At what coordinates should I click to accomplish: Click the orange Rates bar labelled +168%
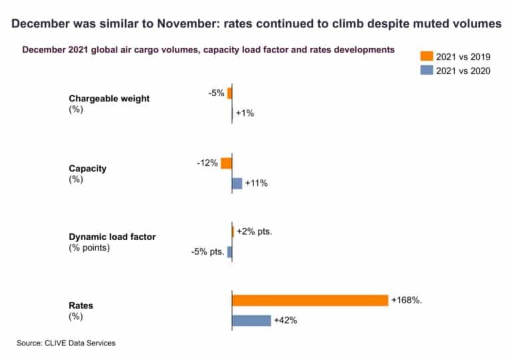pos(309,300)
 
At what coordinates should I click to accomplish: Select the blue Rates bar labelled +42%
pos(251,321)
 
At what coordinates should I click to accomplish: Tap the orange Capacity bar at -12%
pos(226,163)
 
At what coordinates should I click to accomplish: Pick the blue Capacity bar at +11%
pos(237,183)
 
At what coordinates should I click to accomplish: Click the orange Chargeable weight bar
pos(229,93)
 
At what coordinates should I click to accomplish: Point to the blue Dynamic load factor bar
pos(229,252)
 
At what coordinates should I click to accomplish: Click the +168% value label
pos(407,300)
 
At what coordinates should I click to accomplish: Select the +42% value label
pos(285,321)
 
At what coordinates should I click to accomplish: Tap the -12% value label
pos(207,163)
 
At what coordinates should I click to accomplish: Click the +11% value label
pos(257,183)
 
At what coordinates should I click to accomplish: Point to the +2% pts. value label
pos(255,231)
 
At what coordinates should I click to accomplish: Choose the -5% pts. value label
pos(207,252)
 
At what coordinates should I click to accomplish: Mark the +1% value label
pos(245,113)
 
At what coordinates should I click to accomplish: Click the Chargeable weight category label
pos(109,99)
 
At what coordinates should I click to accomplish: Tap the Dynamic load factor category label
pos(112,237)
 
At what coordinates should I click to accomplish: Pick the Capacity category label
pos(87,168)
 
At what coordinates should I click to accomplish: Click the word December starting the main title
pos(42,23)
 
